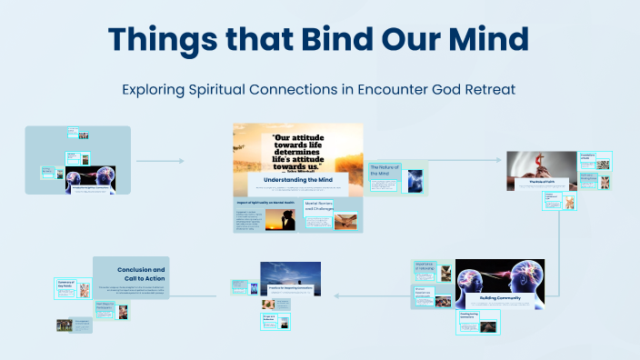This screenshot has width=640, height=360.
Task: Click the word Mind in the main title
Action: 485,41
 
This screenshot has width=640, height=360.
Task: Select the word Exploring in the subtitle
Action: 158,90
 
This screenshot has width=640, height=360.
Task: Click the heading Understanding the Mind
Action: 297,180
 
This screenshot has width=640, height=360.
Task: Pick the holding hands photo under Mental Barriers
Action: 345,221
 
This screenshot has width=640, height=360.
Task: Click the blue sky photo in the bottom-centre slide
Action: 290,275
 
